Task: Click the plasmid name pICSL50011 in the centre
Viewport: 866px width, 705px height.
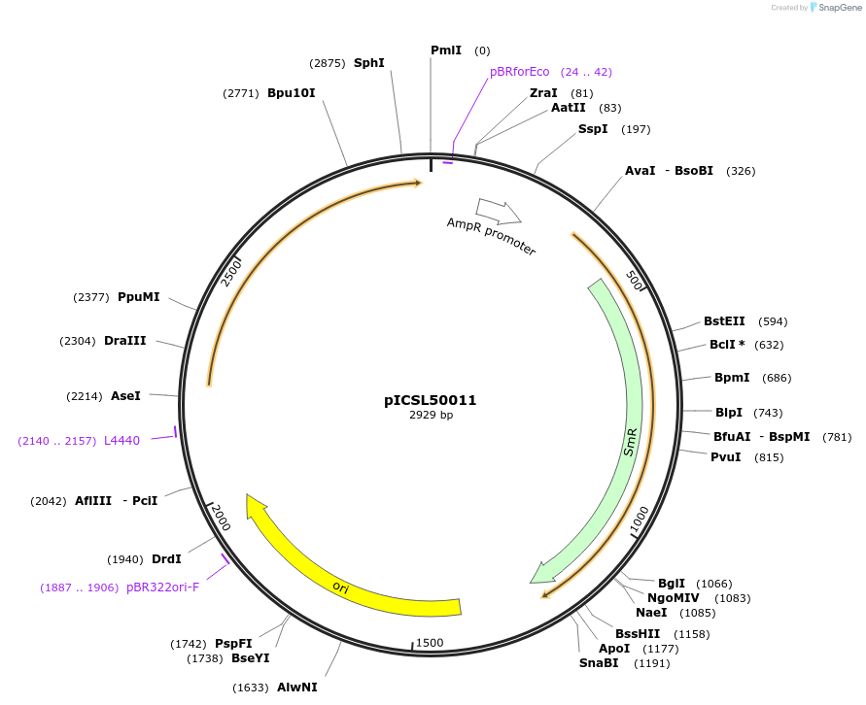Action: point(430,400)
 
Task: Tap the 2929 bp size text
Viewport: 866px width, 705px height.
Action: point(430,416)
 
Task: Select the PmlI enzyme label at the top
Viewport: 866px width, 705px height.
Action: point(446,50)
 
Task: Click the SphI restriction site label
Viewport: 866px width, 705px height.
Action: point(368,63)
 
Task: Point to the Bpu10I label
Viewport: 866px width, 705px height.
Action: point(291,93)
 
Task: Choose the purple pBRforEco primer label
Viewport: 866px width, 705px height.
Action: point(520,72)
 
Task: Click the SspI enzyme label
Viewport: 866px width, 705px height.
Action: point(593,129)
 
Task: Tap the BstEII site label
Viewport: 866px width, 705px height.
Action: point(724,321)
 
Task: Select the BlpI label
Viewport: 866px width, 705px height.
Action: point(728,413)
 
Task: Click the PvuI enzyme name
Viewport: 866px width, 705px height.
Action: point(725,457)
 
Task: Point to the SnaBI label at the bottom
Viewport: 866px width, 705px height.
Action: point(599,663)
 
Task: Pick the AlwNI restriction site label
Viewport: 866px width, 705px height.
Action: point(296,688)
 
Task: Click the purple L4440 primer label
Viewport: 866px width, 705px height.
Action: point(121,441)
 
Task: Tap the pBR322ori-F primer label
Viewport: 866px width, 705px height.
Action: point(162,587)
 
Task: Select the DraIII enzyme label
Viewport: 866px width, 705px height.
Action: point(124,341)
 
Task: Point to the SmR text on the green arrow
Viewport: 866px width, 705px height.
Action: point(630,442)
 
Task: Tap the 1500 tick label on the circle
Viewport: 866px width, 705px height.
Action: point(429,643)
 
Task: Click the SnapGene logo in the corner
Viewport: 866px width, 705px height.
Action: point(836,8)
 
